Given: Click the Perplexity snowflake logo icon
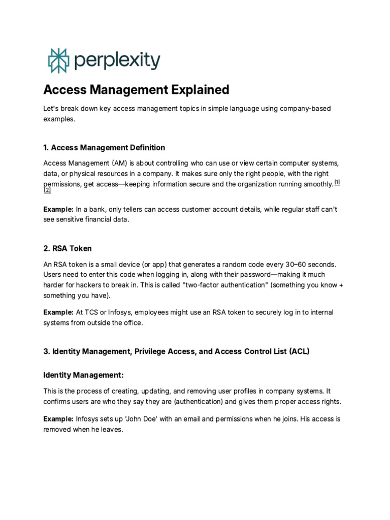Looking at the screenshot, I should (57, 60).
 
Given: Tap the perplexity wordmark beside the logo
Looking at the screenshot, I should (117, 61).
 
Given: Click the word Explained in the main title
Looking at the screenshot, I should (199, 90).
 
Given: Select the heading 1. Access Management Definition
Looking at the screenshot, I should (104, 148).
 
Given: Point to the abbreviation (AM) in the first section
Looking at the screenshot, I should (121, 163).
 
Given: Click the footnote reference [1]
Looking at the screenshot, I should (337, 182).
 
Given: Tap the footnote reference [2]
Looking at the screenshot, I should (47, 190).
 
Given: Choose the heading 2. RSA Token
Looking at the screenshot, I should (68, 248).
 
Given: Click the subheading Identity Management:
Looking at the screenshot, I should (83, 375).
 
